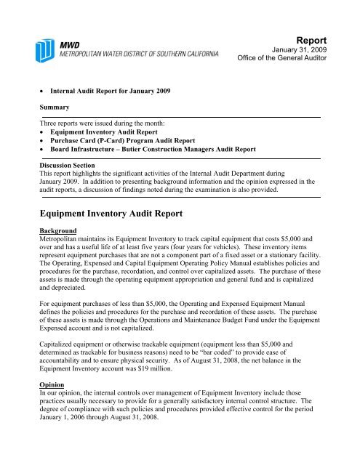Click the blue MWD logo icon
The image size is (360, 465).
click(49, 49)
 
